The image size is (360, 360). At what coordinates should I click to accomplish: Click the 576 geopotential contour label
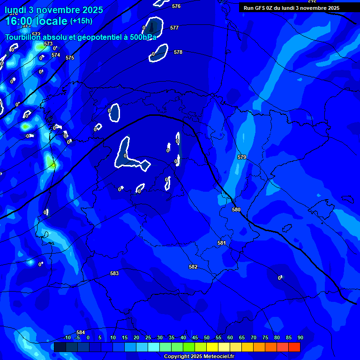pyautogui.click(x=176, y=6)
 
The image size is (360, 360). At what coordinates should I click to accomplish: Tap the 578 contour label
pyautogui.click(x=178, y=52)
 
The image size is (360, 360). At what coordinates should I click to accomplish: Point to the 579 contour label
pyautogui.click(x=242, y=157)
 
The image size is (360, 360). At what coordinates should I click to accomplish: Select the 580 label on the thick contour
pyautogui.click(x=236, y=210)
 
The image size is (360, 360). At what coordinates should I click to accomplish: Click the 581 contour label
pyautogui.click(x=222, y=243)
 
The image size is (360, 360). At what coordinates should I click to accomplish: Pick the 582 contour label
pyautogui.click(x=193, y=267)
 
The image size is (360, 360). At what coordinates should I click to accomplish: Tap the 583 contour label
pyautogui.click(x=114, y=273)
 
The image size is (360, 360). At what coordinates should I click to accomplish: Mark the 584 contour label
pyautogui.click(x=81, y=332)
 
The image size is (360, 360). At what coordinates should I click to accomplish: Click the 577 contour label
pyautogui.click(x=174, y=28)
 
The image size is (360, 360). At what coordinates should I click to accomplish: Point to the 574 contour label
pyautogui.click(x=56, y=55)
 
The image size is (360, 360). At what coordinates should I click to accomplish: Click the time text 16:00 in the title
pyautogui.click(x=21, y=21)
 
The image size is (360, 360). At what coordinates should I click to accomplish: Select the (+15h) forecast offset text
pyautogui.click(x=81, y=21)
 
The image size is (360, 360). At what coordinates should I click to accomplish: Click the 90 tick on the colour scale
pyautogui.click(x=300, y=337)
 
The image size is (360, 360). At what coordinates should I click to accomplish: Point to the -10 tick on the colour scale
pyautogui.click(x=67, y=337)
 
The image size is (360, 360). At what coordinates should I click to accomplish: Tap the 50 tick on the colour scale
pyautogui.click(x=207, y=337)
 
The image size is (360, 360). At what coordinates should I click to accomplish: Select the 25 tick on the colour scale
pyautogui.click(x=148, y=337)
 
